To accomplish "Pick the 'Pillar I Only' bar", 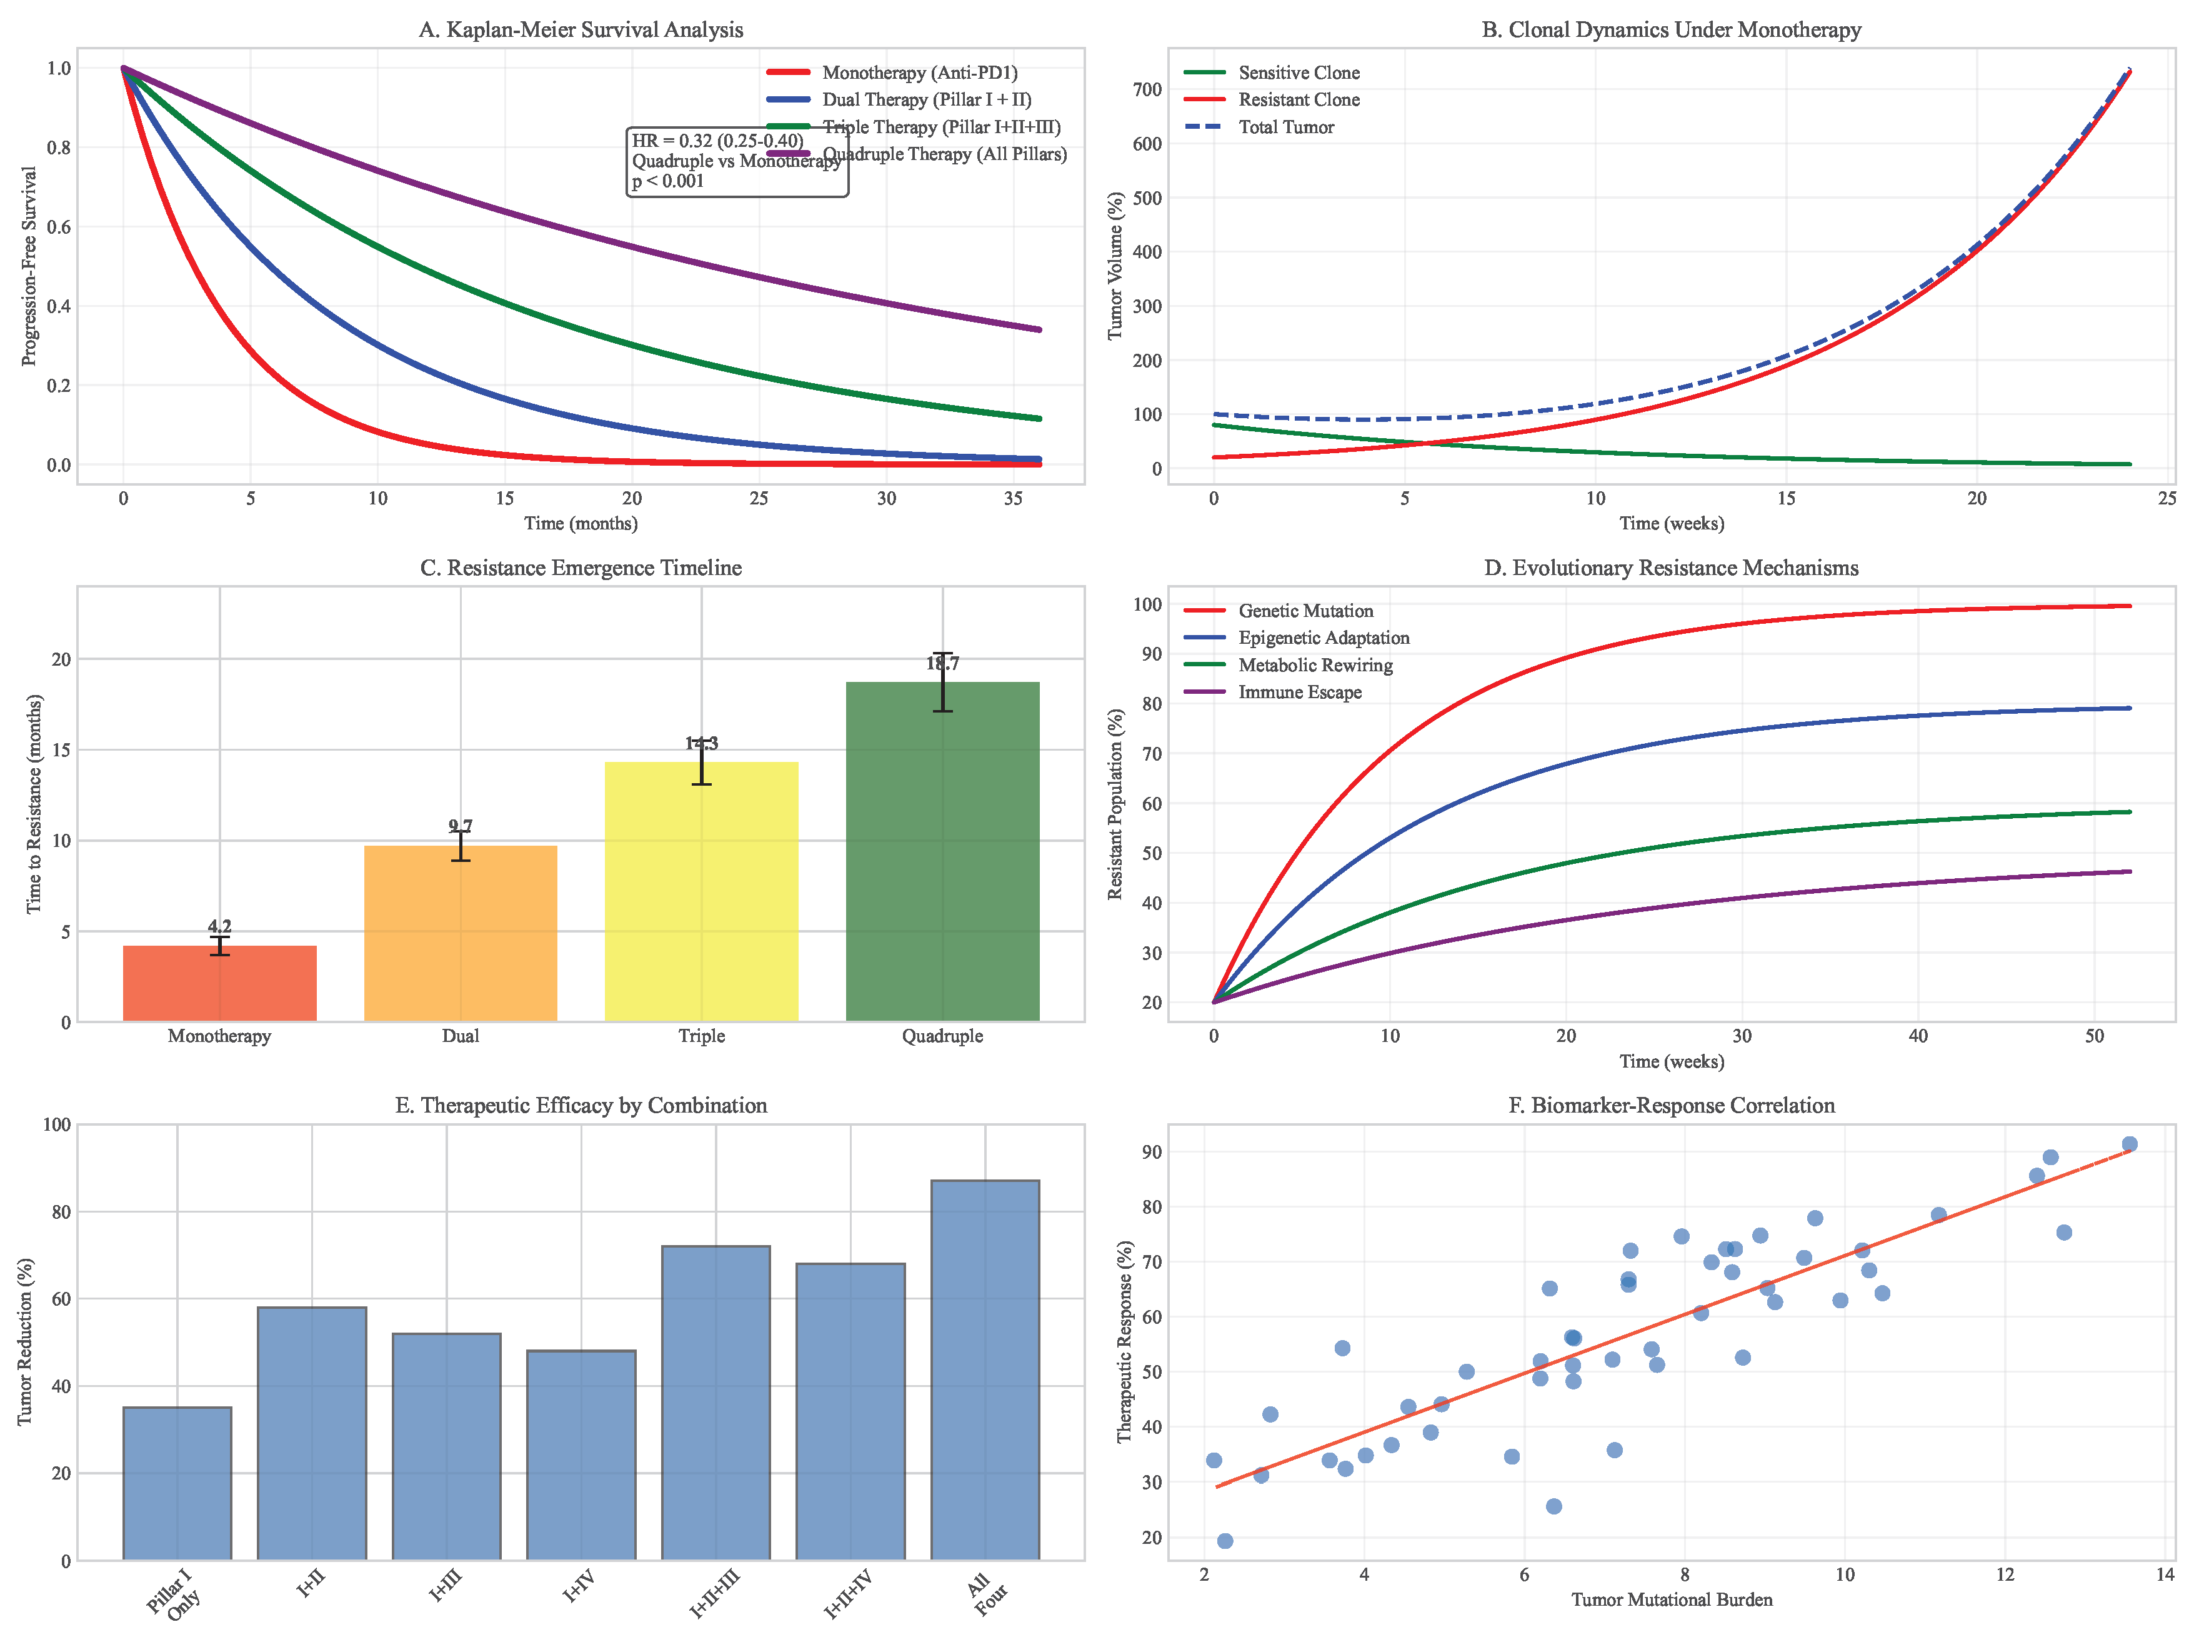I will [177, 1483].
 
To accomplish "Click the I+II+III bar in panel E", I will [716, 1402].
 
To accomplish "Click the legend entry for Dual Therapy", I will [925, 99].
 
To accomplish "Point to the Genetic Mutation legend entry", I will [1305, 611].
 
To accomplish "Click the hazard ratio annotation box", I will [737, 161].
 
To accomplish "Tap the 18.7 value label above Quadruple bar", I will [942, 664].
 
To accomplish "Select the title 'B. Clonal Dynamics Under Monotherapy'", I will [1671, 30].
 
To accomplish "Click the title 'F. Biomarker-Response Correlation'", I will [1671, 1105].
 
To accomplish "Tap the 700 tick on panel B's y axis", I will [1147, 89].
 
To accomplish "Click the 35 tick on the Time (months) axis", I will [1012, 498].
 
